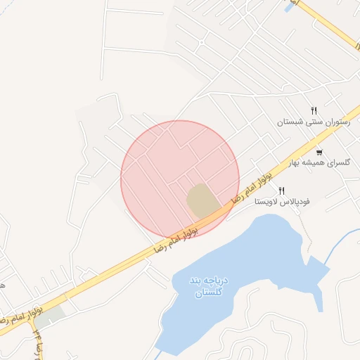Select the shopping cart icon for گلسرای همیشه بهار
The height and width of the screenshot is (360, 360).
(x=320, y=152)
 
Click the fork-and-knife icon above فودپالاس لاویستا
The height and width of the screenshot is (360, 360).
(x=282, y=191)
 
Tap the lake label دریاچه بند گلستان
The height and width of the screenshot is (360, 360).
(x=207, y=285)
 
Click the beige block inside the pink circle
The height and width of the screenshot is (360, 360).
(x=202, y=200)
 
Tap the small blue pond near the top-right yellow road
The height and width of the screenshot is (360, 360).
(x=288, y=6)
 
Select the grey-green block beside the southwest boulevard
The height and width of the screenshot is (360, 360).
(x=50, y=316)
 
